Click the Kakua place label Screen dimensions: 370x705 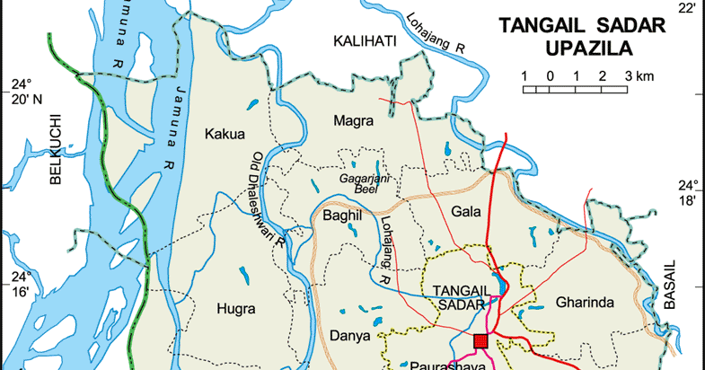click(x=225, y=135)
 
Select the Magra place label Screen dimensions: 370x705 click(x=352, y=120)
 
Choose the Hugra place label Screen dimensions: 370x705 click(x=237, y=308)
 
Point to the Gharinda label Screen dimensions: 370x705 click(x=584, y=301)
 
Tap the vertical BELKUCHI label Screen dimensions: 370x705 click(x=55, y=149)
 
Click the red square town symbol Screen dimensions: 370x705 click(x=480, y=340)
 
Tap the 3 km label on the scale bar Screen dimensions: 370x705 click(x=639, y=75)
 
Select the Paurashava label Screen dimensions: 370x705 click(x=441, y=365)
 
